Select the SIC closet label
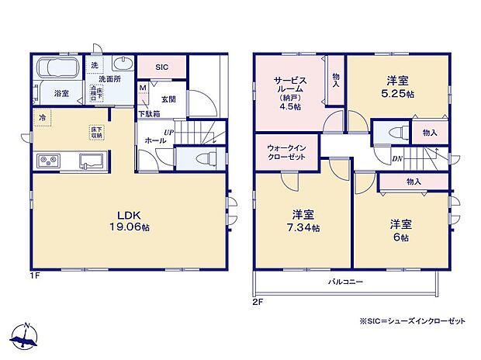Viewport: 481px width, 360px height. pyautogui.click(x=161, y=67)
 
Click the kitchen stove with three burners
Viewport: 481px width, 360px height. pyautogui.click(x=49, y=161)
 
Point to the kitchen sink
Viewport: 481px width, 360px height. pyautogui.click(x=90, y=161)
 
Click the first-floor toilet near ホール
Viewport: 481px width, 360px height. pyautogui.click(x=203, y=158)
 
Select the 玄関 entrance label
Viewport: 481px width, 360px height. pyautogui.click(x=168, y=99)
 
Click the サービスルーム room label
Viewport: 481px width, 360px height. pyautogui.click(x=291, y=88)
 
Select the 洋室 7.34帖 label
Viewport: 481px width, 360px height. pyautogui.click(x=304, y=221)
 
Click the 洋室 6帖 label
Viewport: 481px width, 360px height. pyautogui.click(x=400, y=230)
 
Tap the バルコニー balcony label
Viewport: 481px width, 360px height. pyautogui.click(x=345, y=281)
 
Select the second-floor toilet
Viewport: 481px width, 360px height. pyautogui.click(x=393, y=131)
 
